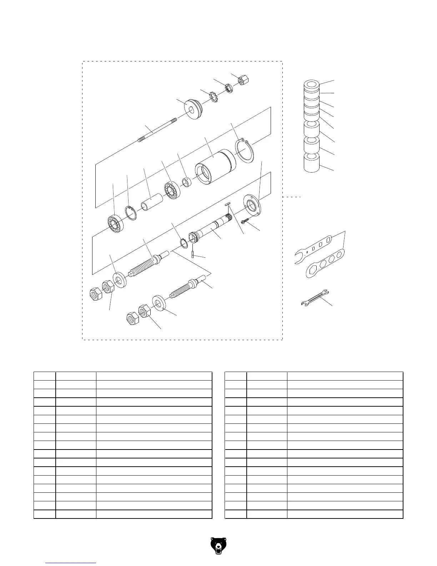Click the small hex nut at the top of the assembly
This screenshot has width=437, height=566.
point(244,80)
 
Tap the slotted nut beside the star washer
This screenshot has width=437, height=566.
point(228,88)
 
